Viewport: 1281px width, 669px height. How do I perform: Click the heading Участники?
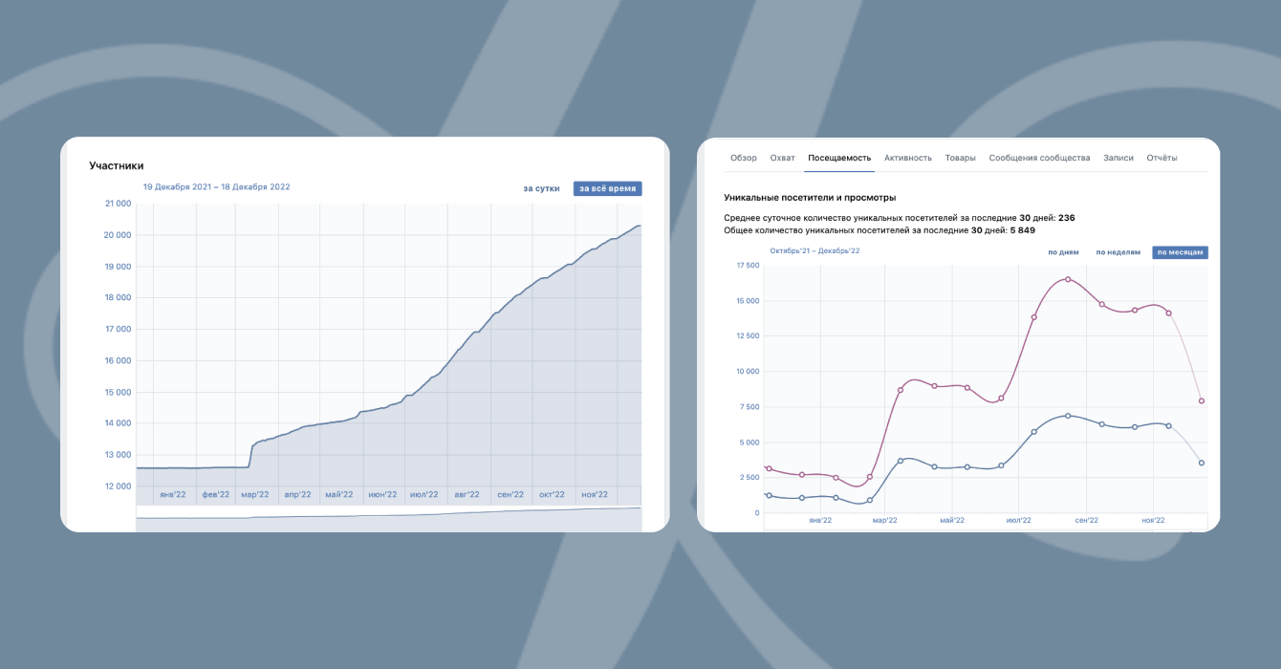tap(117, 165)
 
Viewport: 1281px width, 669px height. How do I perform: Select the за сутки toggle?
tap(541, 188)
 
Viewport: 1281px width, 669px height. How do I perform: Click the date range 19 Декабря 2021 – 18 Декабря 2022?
tap(216, 187)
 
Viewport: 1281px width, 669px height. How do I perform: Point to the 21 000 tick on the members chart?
tap(117, 204)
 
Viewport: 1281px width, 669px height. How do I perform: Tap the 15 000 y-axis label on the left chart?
tap(117, 392)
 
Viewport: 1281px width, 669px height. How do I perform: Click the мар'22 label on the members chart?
tap(255, 495)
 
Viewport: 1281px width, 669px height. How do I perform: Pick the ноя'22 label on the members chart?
tap(595, 495)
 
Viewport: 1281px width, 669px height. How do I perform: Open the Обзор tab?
tap(743, 158)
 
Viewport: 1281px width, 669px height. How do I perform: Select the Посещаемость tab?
tap(839, 158)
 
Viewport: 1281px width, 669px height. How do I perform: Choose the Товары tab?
tap(960, 158)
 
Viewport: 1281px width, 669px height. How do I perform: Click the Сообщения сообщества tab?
tap(1039, 158)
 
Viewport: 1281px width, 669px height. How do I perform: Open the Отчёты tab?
tap(1162, 158)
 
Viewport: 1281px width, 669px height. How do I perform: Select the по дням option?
tap(1063, 252)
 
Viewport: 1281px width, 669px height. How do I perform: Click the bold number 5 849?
tap(1022, 230)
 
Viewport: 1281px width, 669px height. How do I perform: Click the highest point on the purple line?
tap(1067, 279)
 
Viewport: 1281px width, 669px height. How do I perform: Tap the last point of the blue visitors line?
tap(1201, 463)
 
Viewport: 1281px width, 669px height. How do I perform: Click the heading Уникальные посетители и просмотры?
tap(810, 198)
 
